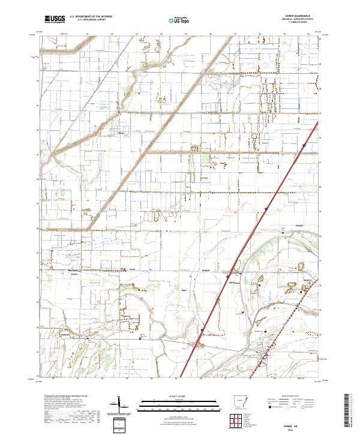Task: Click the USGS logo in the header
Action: [55, 19]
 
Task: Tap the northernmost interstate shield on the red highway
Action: [304, 145]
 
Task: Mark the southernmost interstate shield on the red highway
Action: [202, 329]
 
